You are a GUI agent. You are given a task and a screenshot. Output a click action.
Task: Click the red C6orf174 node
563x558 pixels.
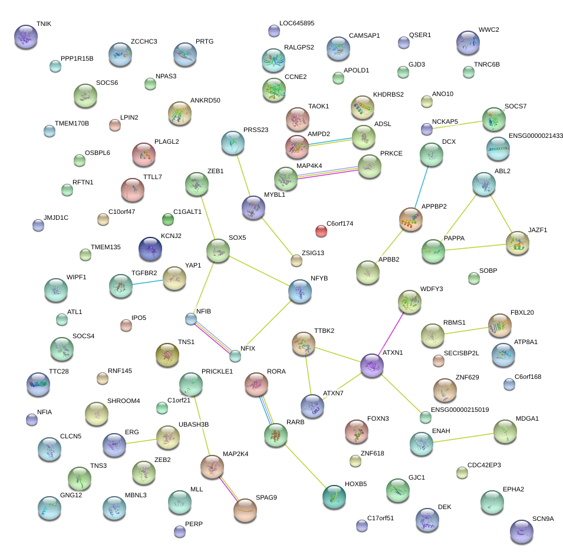pyautogui.click(x=321, y=230)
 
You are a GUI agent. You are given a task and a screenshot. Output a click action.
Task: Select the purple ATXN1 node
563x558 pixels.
pyautogui.click(x=372, y=365)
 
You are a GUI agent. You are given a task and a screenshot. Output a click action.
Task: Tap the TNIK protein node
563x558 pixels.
pyautogui.click(x=25, y=36)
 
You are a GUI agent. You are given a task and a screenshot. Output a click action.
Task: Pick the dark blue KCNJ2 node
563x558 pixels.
pyautogui.click(x=150, y=249)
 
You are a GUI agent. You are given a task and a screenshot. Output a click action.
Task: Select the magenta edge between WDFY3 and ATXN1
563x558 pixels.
pyautogui.click(x=391, y=334)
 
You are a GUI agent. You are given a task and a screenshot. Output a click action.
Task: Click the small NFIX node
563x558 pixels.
pyautogui.click(x=235, y=355)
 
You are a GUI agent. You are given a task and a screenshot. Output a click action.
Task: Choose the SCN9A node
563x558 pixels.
pyautogui.click(x=521, y=531)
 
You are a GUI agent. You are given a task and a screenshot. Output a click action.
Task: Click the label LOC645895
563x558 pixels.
pyautogui.click(x=297, y=24)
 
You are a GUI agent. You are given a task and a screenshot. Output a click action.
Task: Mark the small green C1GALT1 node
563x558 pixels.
pyautogui.click(x=168, y=220)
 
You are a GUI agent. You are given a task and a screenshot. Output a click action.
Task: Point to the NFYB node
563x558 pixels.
pyautogui.click(x=300, y=291)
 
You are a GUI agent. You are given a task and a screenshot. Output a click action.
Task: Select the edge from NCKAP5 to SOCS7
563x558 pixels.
pyautogui.click(x=457, y=124)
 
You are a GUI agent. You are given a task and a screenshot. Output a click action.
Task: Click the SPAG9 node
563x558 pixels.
pyautogui.click(x=245, y=510)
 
